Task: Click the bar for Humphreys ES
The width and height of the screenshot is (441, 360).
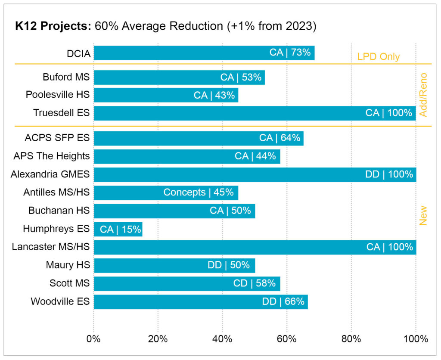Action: [x=118, y=229]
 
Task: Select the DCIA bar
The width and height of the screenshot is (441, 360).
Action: [x=204, y=53]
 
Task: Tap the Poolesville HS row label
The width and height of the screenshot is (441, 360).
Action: [x=58, y=95]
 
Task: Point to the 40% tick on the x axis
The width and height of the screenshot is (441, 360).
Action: [x=222, y=339]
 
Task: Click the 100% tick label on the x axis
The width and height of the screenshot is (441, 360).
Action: [x=416, y=339]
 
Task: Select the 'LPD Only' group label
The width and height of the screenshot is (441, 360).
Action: [x=378, y=57]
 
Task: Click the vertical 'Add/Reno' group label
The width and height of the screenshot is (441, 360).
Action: [x=423, y=95]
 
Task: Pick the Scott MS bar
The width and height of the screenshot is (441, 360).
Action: [x=187, y=283]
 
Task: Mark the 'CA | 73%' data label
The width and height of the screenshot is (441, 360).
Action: [x=290, y=53]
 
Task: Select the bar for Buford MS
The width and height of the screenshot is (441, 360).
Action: [x=179, y=77]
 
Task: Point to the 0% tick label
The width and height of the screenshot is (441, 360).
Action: [x=93, y=339]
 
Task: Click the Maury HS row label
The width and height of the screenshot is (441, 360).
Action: [x=68, y=265]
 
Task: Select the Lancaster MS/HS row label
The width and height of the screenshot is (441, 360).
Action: [x=51, y=247]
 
